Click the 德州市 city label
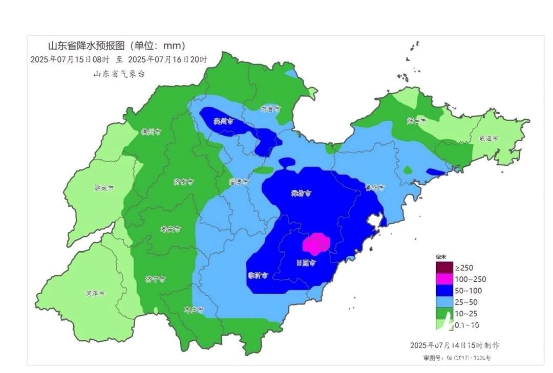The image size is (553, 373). (x=151, y=131)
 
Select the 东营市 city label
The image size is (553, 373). (x=270, y=109)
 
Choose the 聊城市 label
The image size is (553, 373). (x=104, y=188)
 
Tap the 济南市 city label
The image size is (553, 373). (x=183, y=182)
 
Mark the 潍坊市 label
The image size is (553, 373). (x=301, y=193)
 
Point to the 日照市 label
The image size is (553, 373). (x=306, y=263)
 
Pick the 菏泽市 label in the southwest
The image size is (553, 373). (x=95, y=294)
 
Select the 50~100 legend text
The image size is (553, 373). (x=468, y=291)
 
